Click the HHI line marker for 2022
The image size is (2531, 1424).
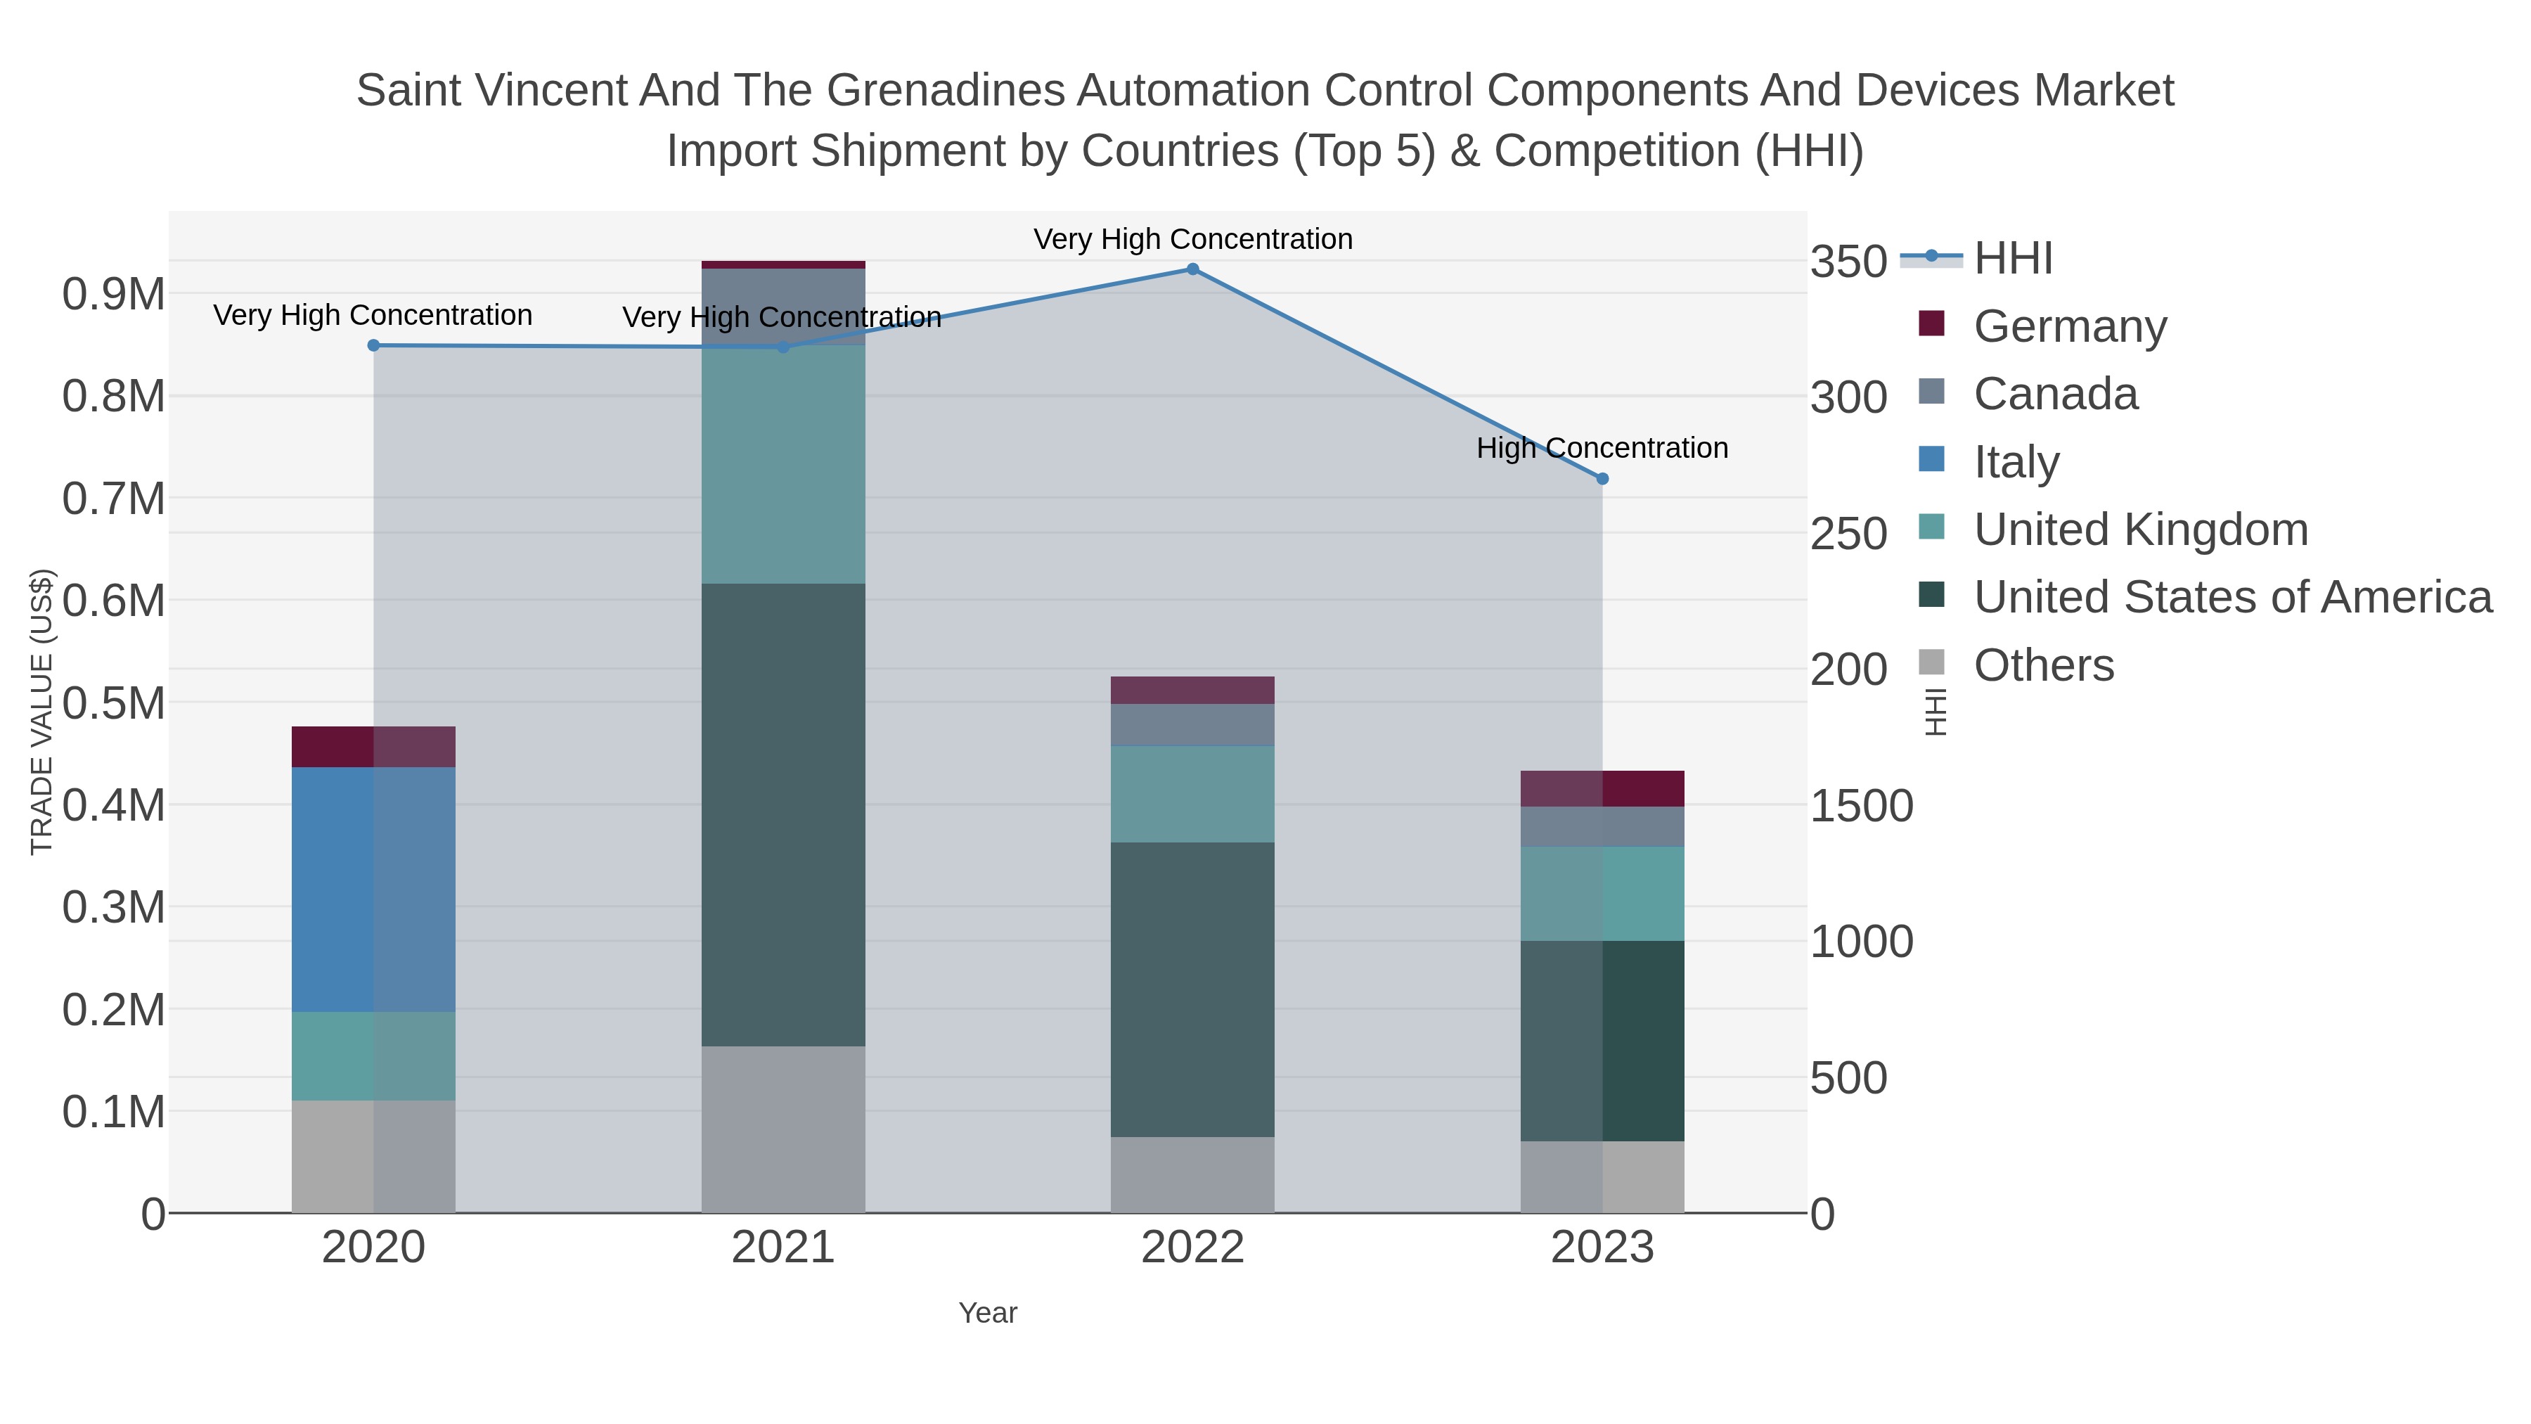tap(1192, 269)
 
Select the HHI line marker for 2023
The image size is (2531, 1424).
tap(1602, 479)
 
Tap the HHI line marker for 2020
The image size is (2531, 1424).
tap(373, 346)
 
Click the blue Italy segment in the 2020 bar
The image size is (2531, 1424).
tap(373, 890)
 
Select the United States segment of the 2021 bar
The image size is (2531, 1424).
tap(783, 816)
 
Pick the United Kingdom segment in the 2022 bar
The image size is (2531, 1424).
tap(1192, 794)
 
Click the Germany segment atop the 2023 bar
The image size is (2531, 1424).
tap(1602, 789)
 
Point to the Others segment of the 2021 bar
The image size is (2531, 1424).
tap(783, 1130)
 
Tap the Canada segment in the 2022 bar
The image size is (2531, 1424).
tap(1192, 725)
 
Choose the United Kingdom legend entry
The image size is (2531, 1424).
tap(2140, 530)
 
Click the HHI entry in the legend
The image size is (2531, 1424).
tap(2012, 259)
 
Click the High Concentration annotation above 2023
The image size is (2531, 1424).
tap(1602, 448)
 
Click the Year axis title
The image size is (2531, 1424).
tap(988, 1313)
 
